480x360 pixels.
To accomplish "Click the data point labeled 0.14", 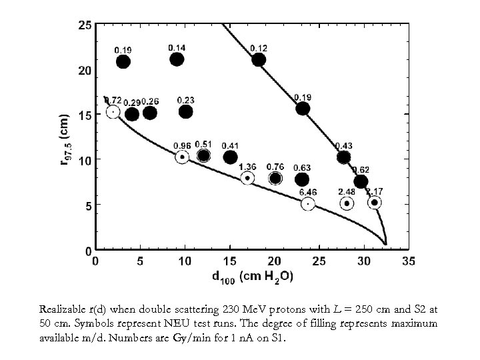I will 177,59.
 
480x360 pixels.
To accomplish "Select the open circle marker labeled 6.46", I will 308,203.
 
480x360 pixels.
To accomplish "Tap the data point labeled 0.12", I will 259,60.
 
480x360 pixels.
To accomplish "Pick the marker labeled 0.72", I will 113,112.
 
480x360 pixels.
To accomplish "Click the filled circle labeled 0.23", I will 186,112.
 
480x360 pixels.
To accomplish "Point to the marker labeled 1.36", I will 247,178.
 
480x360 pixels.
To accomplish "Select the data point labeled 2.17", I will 375,202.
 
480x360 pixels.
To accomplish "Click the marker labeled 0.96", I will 182,157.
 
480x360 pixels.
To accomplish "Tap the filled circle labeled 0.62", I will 361,182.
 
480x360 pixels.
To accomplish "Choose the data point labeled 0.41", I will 230,157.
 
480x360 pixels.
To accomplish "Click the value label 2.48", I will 347,192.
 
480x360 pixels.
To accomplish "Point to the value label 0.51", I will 203,144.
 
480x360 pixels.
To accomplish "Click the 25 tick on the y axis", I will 85,25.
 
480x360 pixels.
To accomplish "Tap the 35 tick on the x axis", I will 408,261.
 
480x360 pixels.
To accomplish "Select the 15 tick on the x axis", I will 229,261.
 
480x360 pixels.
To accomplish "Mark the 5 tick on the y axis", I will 88,206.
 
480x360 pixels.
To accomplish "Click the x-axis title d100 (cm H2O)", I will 251,276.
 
